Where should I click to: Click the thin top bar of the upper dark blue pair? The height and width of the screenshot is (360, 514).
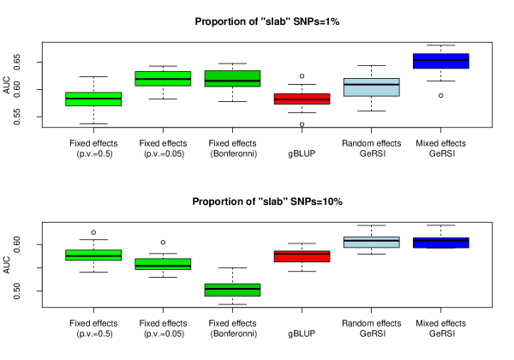[x=441, y=57]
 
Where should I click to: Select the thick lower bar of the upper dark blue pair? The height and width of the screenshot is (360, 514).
[x=441, y=64]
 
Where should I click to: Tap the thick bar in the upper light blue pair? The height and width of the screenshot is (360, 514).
[x=371, y=90]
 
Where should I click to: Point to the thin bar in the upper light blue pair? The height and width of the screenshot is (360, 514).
[x=371, y=81]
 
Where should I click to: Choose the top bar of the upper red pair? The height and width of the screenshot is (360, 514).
[x=302, y=96]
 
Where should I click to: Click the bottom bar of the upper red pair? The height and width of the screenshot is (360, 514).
[x=302, y=102]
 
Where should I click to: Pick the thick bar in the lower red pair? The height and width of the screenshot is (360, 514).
[x=302, y=258]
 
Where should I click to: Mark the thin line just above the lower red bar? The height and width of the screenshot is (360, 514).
[x=302, y=252]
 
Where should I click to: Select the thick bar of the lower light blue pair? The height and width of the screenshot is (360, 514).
[x=371, y=244]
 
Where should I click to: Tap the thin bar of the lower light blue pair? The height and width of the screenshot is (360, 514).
[x=371, y=238]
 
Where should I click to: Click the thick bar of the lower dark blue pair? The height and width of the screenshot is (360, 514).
[x=441, y=244]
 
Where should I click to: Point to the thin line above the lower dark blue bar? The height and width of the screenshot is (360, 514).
[x=441, y=239]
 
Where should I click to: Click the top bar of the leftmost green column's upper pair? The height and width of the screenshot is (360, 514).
[x=93, y=95]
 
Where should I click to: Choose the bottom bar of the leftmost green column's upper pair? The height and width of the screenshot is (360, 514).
[x=93, y=103]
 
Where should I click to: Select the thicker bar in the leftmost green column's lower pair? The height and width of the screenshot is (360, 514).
[x=93, y=253]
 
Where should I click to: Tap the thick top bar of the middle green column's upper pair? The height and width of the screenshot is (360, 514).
[x=163, y=75]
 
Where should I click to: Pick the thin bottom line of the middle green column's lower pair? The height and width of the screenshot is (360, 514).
[x=163, y=267]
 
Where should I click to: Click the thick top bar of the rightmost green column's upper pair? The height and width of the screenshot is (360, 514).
[x=232, y=75]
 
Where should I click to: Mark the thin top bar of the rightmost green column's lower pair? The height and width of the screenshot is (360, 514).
[x=232, y=285]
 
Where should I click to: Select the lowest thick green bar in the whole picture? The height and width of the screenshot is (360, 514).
[x=232, y=292]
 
